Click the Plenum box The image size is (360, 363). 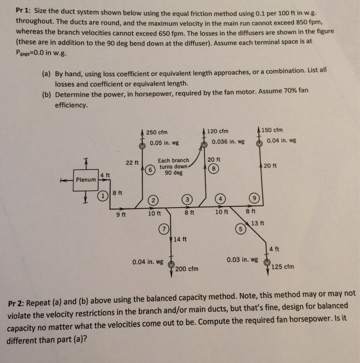(86, 179)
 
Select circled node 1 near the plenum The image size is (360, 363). (103, 196)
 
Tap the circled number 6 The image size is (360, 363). (151, 170)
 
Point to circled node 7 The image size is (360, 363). (165, 228)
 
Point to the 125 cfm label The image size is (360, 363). (283, 267)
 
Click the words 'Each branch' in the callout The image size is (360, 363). (174, 161)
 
